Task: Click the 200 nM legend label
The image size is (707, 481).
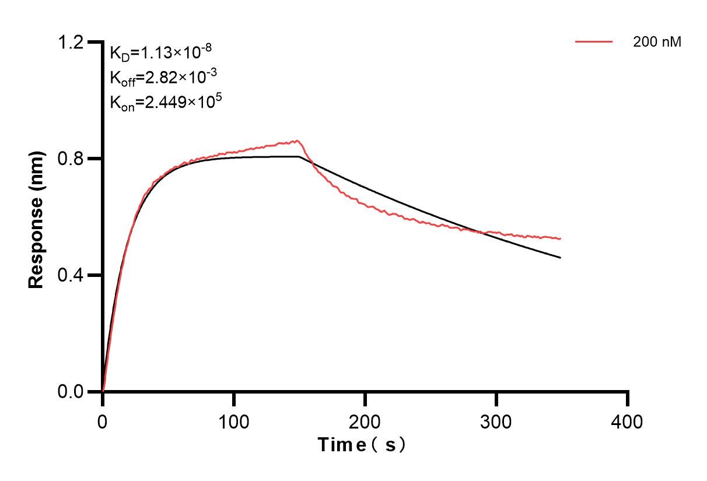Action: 657,42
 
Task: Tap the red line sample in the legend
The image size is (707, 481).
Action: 594,42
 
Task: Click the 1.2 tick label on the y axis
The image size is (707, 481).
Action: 71,42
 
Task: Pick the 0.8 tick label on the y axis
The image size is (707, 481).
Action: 71,159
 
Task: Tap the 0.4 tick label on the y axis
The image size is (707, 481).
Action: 71,275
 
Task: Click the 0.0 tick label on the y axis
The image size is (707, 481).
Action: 71,392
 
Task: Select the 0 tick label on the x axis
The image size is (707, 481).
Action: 103,421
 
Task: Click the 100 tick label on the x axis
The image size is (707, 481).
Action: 234,421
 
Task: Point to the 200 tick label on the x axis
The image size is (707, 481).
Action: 365,421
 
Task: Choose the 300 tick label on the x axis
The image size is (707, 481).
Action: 496,421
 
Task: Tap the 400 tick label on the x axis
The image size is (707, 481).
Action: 628,421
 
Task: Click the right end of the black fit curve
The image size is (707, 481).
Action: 561,258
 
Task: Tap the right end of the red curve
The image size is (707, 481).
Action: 561,238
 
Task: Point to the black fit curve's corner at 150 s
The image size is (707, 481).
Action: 299,156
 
